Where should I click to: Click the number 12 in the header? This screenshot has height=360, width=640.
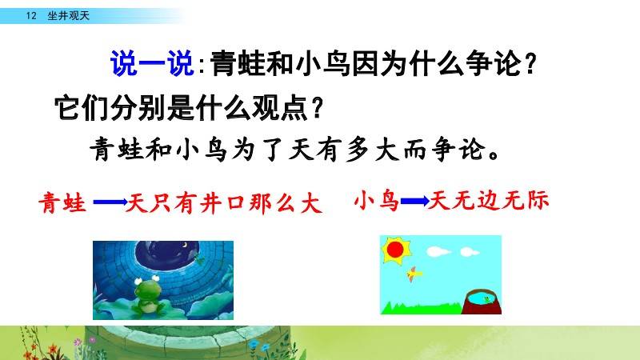tap(31, 16)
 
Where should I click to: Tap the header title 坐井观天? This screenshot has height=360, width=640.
tap(68, 16)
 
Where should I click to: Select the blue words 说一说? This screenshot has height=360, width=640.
tap(152, 63)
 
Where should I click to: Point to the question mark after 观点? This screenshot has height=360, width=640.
tap(317, 107)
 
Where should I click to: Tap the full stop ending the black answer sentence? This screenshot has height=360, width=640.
tap(494, 155)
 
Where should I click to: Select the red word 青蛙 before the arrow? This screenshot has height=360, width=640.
tap(62, 203)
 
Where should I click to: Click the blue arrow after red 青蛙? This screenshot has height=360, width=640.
tap(110, 202)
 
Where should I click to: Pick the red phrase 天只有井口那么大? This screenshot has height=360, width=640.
tap(224, 203)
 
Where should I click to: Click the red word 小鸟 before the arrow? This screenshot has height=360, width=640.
tap(376, 202)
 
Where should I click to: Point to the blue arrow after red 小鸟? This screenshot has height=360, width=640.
tap(414, 201)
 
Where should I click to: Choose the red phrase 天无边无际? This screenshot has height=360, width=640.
tap(489, 202)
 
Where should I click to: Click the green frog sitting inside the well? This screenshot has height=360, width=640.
tap(147, 294)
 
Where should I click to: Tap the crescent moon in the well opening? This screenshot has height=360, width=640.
tap(185, 246)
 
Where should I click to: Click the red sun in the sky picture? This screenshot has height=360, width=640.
tap(395, 250)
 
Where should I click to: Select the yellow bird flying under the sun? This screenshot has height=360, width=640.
tap(414, 274)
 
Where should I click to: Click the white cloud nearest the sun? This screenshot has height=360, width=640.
tap(438, 251)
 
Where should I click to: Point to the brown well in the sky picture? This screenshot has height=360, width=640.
tap(482, 302)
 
